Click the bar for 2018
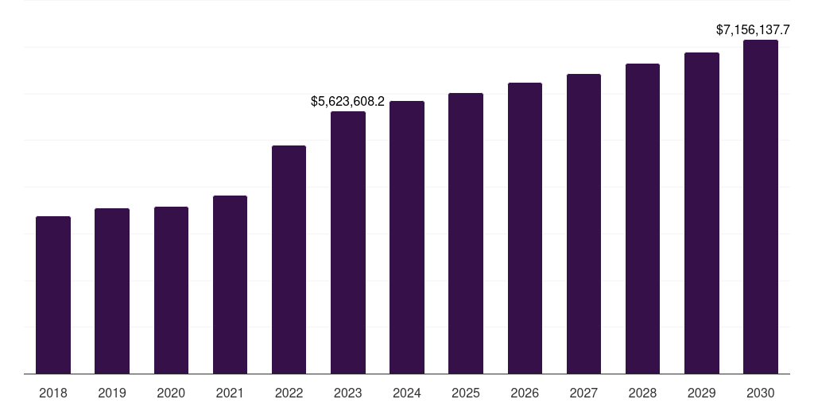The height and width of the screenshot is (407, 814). click(x=53, y=295)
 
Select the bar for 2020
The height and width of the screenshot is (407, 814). click(x=171, y=290)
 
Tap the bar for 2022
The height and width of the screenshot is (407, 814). click(x=289, y=260)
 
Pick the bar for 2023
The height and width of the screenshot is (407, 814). click(x=348, y=242)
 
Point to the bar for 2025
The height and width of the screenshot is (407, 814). click(x=466, y=234)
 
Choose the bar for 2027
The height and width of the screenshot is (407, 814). click(x=583, y=224)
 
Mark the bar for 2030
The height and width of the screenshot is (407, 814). click(x=761, y=207)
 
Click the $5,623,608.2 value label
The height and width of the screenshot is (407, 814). click(x=347, y=102)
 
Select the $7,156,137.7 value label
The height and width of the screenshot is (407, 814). click(x=753, y=30)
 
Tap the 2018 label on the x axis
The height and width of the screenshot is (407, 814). click(x=53, y=393)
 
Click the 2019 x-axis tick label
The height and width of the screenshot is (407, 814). click(x=112, y=393)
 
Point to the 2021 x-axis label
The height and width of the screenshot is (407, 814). click(x=230, y=393)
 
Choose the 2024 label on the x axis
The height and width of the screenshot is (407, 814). click(x=407, y=393)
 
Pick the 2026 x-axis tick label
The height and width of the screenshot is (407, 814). click(x=525, y=393)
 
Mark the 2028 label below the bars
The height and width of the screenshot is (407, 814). click(x=642, y=393)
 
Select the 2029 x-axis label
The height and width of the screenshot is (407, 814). click(x=702, y=393)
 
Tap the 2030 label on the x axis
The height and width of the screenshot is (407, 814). click(x=761, y=393)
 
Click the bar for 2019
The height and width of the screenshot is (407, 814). click(x=112, y=291)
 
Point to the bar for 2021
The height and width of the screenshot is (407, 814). click(x=230, y=285)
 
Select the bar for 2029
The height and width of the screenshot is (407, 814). click(x=702, y=213)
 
